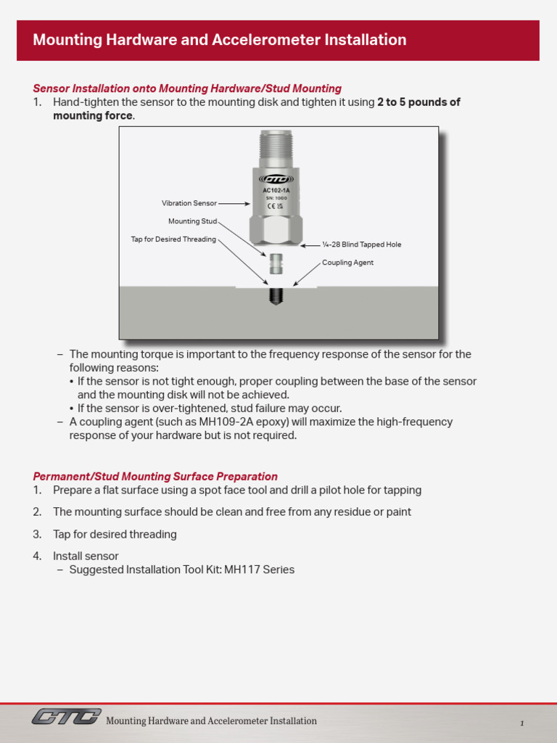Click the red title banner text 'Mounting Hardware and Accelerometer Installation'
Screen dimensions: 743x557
(219, 40)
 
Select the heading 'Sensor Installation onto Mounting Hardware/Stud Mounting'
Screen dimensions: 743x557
(187, 89)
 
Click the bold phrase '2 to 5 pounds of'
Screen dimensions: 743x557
(418, 102)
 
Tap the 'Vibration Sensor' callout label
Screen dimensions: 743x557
(189, 204)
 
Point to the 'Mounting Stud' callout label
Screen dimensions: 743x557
(192, 221)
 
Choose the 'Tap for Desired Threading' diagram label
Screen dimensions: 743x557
(173, 239)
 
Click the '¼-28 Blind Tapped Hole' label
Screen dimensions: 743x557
(361, 245)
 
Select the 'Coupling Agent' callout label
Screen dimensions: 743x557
(347, 263)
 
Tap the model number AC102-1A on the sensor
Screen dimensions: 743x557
(276, 190)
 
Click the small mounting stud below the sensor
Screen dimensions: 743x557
(276, 263)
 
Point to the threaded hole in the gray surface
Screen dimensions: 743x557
(276, 295)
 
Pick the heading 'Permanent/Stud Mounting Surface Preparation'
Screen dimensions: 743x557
(155, 477)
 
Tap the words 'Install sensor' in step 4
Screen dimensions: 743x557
(86, 557)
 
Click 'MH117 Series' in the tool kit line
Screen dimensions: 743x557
(259, 570)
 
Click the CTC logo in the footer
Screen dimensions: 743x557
(66, 717)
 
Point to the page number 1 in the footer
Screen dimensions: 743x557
(521, 723)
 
